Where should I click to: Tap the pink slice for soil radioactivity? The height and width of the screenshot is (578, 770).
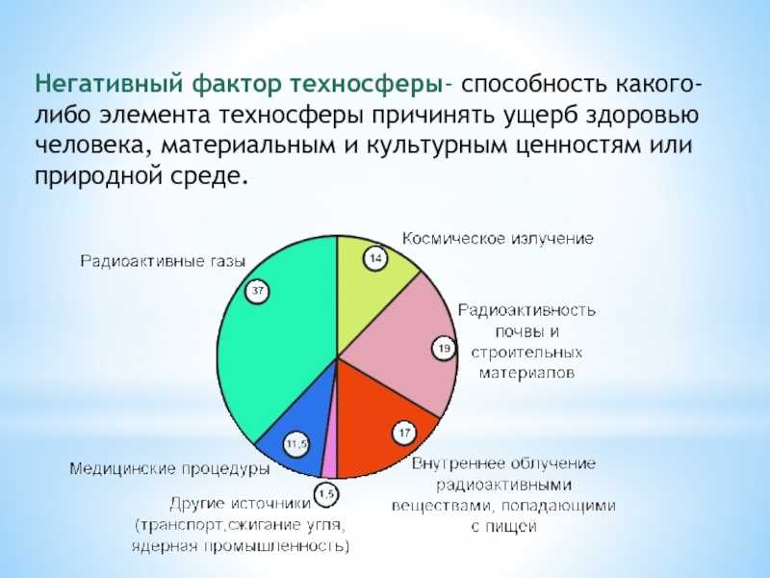(404, 337)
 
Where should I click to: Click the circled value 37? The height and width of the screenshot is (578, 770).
(256, 291)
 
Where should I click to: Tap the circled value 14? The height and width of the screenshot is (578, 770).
(374, 257)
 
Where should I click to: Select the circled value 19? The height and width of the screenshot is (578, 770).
(444, 349)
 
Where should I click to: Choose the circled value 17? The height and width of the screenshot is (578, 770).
(405, 433)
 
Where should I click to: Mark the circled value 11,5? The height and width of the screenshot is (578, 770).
(296, 444)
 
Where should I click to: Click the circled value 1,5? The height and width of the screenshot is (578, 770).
(326, 494)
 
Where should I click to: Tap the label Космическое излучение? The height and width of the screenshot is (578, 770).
(497, 237)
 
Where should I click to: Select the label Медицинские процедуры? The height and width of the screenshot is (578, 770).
(168, 469)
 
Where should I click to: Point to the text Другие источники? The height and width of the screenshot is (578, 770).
(240, 503)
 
